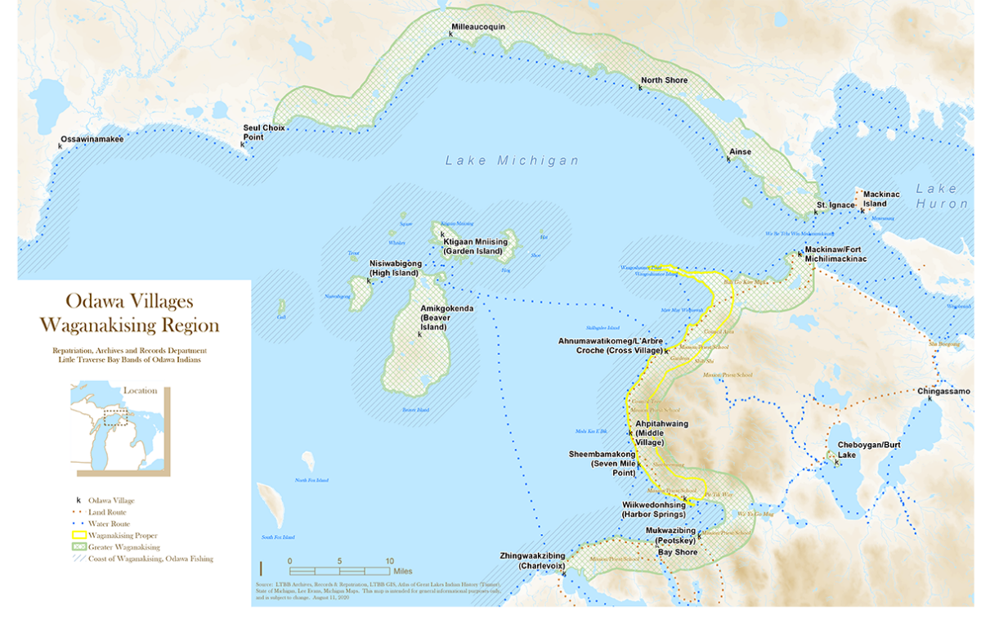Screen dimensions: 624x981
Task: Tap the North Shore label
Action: tap(664, 80)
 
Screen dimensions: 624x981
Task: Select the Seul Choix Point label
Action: tap(262, 132)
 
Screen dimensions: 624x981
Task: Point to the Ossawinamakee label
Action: tap(92, 140)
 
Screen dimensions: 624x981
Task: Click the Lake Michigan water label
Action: tap(512, 161)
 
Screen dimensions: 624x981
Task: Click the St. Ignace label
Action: tap(835, 204)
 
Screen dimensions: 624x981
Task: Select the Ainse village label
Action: tap(740, 151)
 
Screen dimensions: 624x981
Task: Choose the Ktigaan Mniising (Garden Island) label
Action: tap(475, 247)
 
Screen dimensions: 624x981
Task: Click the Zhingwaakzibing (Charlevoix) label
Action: tap(535, 560)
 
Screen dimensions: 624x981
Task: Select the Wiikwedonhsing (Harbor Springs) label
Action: tap(647, 510)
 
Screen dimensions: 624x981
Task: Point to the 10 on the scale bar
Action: tap(389, 561)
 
